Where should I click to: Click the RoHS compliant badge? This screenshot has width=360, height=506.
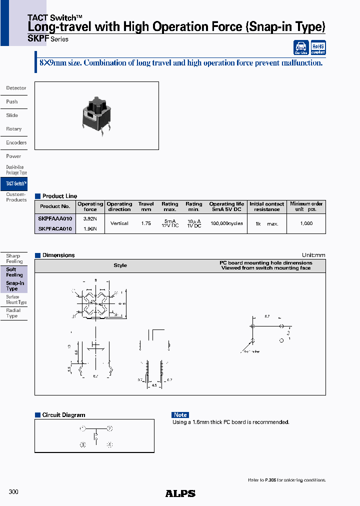(318, 47)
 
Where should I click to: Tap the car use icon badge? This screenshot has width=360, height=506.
(301, 48)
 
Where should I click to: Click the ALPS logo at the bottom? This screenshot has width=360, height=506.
(180, 493)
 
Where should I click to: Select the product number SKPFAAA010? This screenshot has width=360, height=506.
(55, 218)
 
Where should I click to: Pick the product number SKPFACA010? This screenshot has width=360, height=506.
(55, 229)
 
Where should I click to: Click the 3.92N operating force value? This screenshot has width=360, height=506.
(90, 218)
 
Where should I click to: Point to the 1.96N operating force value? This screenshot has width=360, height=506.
(90, 229)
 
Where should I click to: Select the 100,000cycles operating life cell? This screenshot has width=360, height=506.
(226, 223)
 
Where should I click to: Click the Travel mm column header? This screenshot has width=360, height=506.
(146, 206)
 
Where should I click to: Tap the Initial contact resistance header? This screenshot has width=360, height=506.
(267, 206)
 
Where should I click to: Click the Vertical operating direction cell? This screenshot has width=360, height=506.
(119, 223)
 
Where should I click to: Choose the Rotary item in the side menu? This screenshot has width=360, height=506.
(14, 129)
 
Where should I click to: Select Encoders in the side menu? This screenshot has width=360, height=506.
(16, 142)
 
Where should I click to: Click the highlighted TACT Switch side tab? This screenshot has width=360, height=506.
(14, 184)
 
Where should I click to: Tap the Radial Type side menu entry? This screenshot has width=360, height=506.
(13, 313)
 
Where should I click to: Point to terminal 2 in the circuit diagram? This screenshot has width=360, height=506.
(109, 428)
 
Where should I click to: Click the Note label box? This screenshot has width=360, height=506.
(180, 415)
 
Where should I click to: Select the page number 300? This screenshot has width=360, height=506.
(13, 492)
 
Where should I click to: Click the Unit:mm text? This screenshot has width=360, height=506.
(313, 255)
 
